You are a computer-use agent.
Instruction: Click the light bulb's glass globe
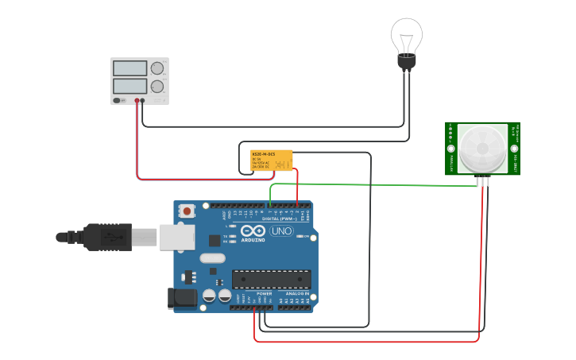coord(406,35)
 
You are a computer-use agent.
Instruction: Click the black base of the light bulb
coord(407,62)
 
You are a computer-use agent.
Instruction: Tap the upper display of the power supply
coord(130,68)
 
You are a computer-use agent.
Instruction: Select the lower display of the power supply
coord(130,86)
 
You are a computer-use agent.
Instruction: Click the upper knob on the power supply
coord(157,68)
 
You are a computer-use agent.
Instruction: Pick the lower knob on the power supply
coord(157,86)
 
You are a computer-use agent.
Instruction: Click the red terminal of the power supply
coord(137,101)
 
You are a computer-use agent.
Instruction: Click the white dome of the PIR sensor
coord(482,148)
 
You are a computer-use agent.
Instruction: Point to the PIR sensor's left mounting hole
coord(451,149)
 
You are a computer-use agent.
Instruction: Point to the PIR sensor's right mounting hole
coord(514,149)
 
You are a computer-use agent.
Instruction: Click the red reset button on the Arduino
coord(187,211)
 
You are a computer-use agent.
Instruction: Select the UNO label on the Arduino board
coord(282,231)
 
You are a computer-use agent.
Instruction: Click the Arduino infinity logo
coord(252,231)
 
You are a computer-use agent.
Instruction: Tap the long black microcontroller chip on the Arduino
coord(270,279)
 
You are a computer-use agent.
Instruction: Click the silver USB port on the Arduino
coord(176,236)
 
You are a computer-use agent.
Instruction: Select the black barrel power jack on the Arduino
coord(181,298)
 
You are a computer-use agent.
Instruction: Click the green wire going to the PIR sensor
coord(373,184)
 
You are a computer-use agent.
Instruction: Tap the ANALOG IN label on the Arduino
coord(296,293)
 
